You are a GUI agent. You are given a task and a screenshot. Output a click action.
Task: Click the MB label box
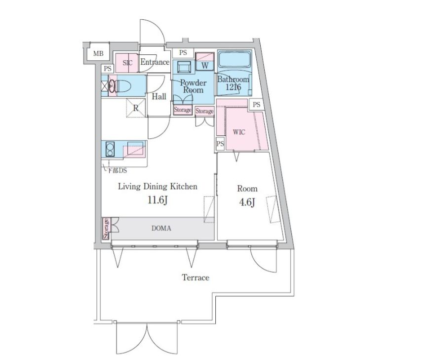[98, 53]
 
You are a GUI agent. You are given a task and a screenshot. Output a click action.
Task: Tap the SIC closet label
[127, 63]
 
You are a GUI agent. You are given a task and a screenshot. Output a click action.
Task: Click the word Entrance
[155, 62]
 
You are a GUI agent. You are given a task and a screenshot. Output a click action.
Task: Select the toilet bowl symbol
[120, 86]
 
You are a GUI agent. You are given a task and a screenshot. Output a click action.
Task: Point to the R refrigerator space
[136, 108]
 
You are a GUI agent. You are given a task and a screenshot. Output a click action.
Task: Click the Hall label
[159, 97]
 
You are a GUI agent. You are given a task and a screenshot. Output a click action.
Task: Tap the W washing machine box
[205, 66]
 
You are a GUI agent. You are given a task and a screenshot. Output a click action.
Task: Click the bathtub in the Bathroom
[235, 59]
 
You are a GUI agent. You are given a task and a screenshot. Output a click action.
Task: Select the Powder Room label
[193, 86]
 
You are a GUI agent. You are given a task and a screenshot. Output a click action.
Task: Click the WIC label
[239, 132]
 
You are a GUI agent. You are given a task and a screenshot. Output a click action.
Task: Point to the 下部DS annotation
[117, 170]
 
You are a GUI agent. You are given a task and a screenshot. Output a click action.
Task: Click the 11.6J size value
[158, 200]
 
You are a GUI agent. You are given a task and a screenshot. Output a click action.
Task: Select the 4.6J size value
[247, 202]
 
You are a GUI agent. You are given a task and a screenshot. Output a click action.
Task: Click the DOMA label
[161, 229]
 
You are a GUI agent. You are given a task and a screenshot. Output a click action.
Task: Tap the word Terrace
[196, 278]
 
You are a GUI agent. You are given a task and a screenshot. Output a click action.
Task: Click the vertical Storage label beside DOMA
[106, 229]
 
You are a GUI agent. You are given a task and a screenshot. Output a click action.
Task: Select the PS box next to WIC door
[220, 144]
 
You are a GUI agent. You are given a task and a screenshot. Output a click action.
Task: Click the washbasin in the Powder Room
[183, 67]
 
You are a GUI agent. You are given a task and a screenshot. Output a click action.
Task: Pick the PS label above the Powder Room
[183, 52]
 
